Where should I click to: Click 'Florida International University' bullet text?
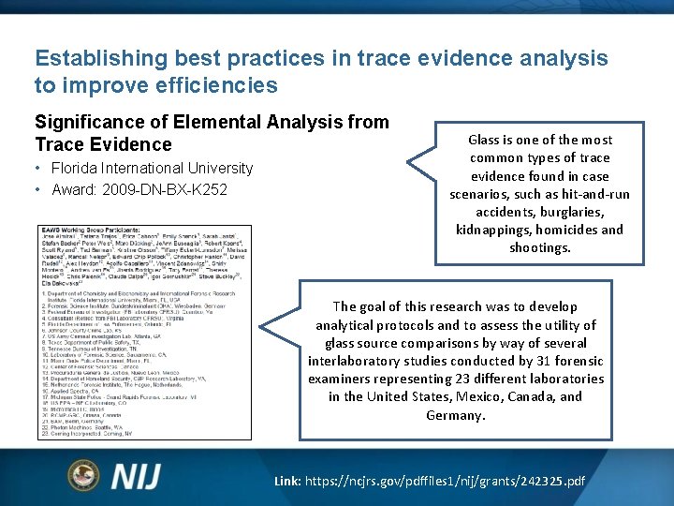pyautogui.click(x=152, y=168)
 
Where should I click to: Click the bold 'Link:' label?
pyautogui.click(x=287, y=481)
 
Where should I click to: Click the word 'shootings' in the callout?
pyautogui.click(x=539, y=247)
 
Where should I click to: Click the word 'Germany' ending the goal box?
pyautogui.click(x=454, y=415)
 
